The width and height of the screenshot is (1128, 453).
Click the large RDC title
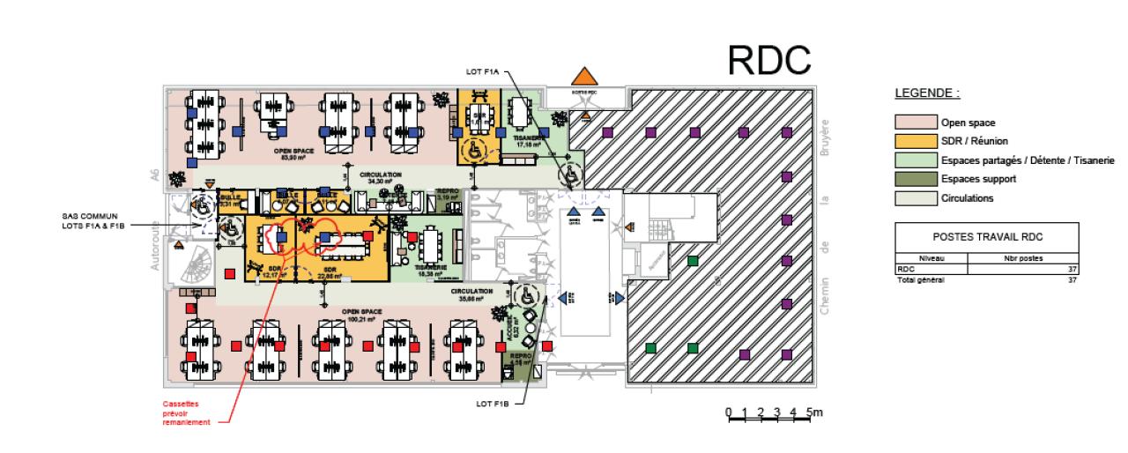tap(768, 59)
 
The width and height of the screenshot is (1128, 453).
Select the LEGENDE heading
tap(927, 93)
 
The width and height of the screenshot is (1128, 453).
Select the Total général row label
tap(919, 279)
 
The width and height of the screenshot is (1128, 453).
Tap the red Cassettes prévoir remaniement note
tap(185, 414)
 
